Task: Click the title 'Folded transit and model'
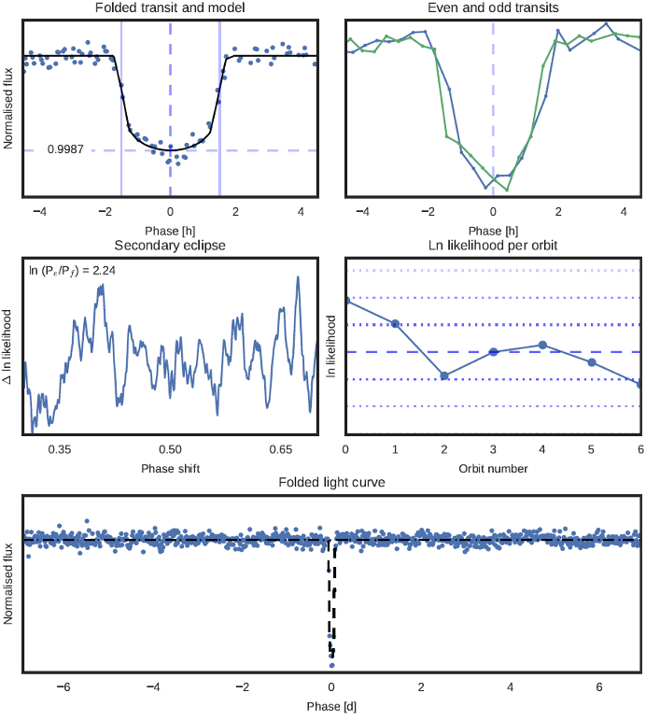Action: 169,8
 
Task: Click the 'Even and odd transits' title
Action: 493,8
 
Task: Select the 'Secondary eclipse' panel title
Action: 169,246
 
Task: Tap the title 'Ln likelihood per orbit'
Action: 493,246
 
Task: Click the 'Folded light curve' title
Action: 331,482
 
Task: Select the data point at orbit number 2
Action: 444,375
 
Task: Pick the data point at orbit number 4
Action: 542,346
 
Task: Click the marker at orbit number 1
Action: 395,323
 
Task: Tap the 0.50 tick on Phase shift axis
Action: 169,450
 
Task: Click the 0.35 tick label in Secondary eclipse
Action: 59,450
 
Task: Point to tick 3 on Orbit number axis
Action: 493,450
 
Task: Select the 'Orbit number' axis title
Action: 493,466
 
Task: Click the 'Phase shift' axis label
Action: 169,466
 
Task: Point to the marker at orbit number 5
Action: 591,361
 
